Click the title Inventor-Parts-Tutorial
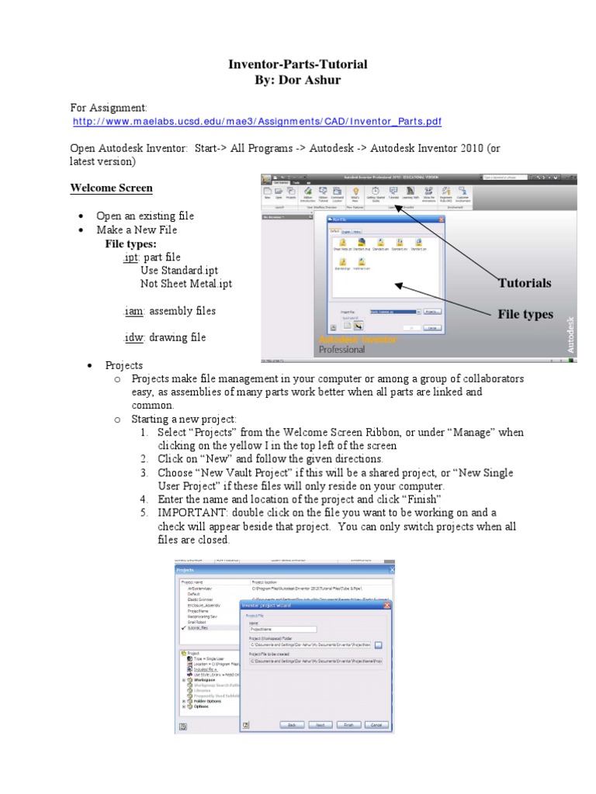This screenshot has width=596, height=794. click(297, 64)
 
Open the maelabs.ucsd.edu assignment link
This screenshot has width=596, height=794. click(257, 122)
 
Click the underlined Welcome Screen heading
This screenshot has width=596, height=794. click(111, 188)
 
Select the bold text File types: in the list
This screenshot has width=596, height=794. click(131, 243)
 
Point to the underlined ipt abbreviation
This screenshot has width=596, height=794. click(130, 257)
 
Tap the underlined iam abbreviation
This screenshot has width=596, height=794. click(132, 311)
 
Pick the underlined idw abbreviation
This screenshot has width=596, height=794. click(131, 337)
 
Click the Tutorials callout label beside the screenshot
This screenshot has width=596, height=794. click(525, 283)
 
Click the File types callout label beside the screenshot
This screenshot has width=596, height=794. click(525, 314)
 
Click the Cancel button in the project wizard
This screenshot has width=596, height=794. click(376, 724)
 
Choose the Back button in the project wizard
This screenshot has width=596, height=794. click(293, 724)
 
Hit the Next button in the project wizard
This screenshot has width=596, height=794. click(320, 724)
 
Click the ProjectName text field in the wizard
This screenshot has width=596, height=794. click(282, 630)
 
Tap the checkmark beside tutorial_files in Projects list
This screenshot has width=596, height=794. click(183, 627)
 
